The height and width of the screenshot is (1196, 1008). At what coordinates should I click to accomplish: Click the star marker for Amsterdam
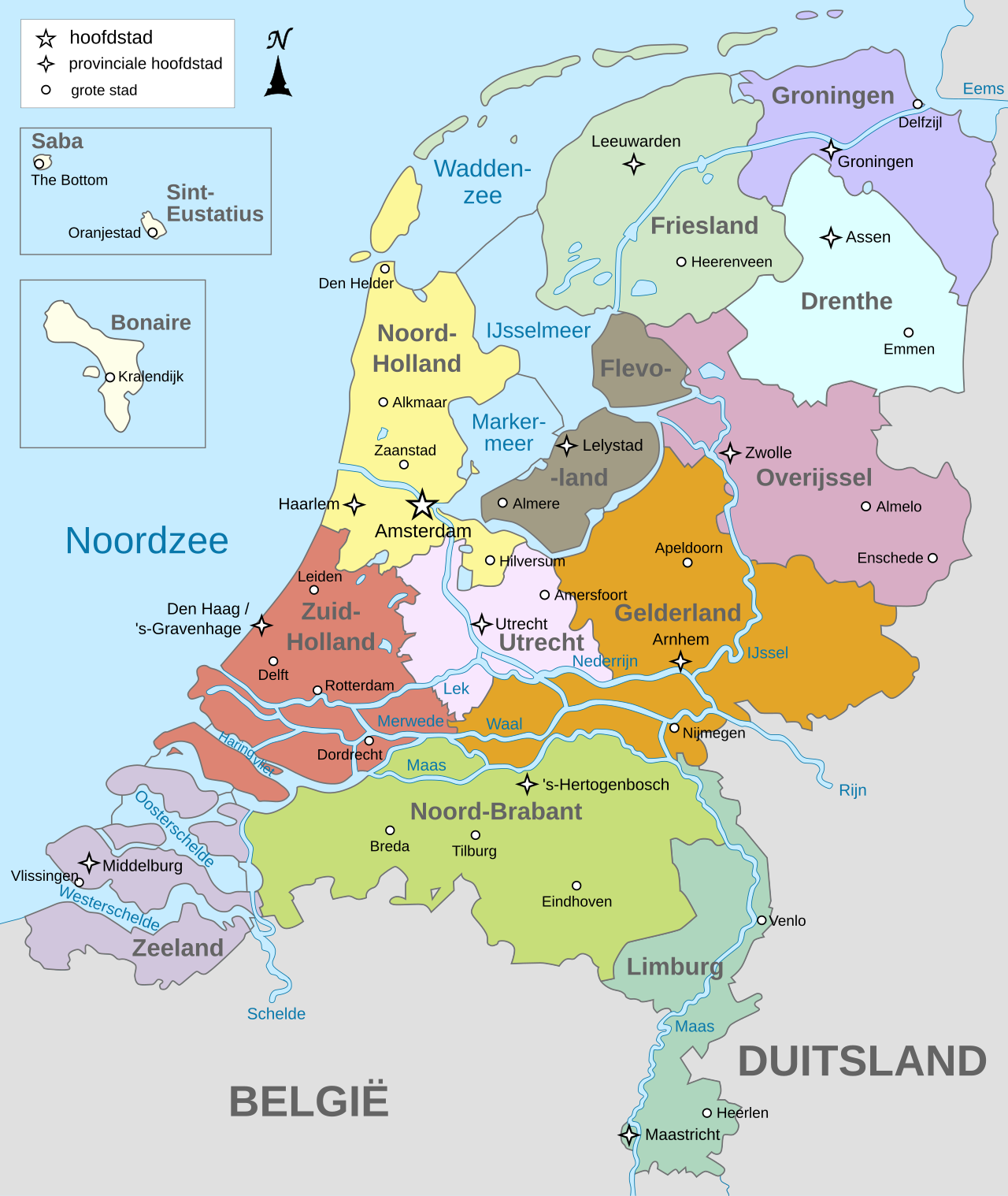click(422, 504)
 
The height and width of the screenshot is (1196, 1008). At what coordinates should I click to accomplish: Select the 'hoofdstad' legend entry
click(110, 38)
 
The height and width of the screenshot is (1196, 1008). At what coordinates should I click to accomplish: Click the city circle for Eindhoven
click(576, 886)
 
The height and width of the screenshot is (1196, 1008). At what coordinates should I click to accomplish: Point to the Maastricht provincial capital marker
click(628, 1135)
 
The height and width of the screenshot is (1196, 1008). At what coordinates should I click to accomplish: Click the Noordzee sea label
click(146, 541)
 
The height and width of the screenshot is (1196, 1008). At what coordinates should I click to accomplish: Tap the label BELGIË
click(309, 1101)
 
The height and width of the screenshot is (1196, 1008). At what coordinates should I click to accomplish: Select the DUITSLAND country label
click(862, 1061)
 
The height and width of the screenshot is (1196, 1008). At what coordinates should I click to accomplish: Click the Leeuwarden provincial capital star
click(634, 164)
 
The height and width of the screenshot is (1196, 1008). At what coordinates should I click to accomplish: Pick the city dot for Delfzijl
click(917, 104)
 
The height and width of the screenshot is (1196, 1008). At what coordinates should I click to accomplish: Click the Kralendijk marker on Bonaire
click(110, 377)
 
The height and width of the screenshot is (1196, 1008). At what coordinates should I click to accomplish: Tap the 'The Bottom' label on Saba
click(69, 180)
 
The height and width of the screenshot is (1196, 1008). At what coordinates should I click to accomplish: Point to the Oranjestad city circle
click(153, 232)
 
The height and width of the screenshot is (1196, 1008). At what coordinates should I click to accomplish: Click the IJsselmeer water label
click(538, 331)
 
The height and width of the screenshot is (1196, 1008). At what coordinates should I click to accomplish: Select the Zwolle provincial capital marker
click(730, 453)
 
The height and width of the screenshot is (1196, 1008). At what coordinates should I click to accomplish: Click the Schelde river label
click(276, 1014)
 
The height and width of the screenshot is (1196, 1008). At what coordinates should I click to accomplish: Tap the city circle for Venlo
click(762, 920)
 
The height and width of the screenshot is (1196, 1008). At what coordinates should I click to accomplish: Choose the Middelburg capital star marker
click(89, 863)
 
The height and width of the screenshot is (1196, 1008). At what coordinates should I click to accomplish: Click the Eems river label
click(983, 89)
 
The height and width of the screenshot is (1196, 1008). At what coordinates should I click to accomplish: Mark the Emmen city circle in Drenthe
click(909, 332)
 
